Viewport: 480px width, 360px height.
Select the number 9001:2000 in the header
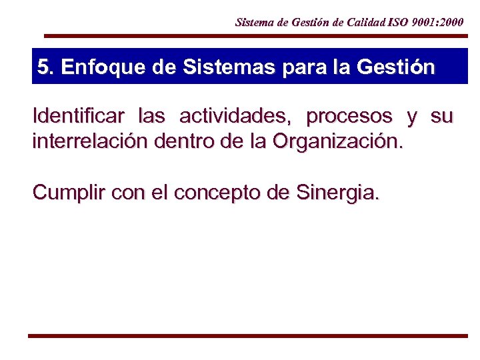coord(439,22)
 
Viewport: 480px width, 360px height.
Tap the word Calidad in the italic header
coord(367,22)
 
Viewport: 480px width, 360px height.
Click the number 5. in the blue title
coord(46,67)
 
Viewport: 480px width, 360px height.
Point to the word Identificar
coord(78,117)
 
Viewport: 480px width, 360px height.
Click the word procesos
coord(349,117)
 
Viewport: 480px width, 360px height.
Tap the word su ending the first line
coord(441,117)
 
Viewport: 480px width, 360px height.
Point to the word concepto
coord(219,193)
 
